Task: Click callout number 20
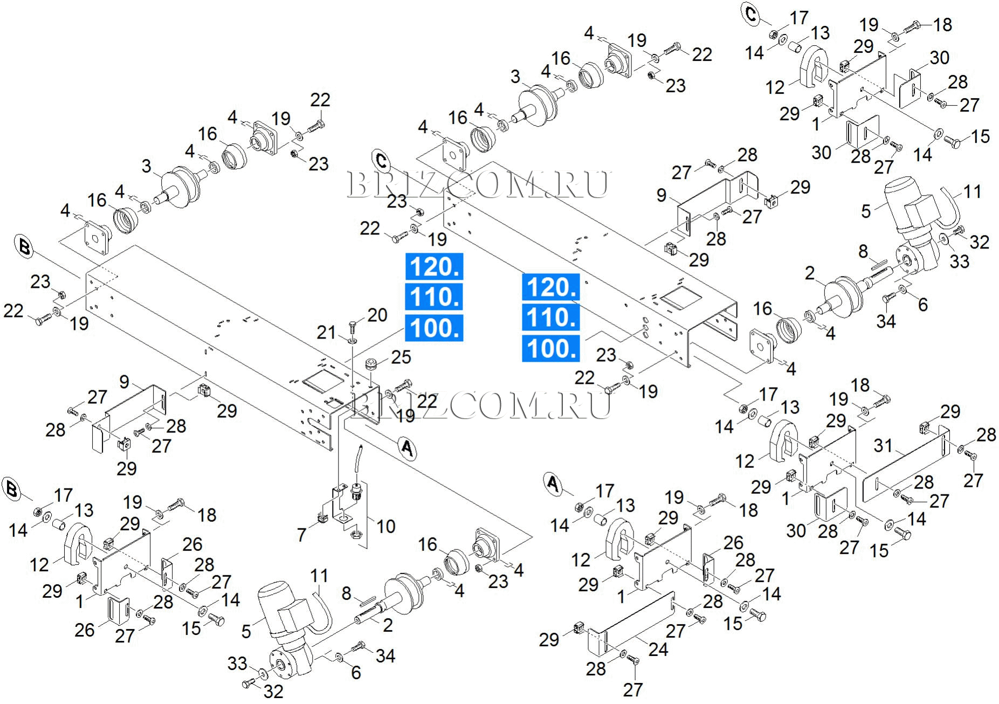377,315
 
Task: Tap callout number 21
326,332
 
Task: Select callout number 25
401,357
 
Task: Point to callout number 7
302,535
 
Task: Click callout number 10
386,526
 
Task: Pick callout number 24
658,650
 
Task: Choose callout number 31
883,445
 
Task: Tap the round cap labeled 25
371,364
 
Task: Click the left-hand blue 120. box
434,266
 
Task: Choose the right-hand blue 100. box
550,348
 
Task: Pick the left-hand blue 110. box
434,296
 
